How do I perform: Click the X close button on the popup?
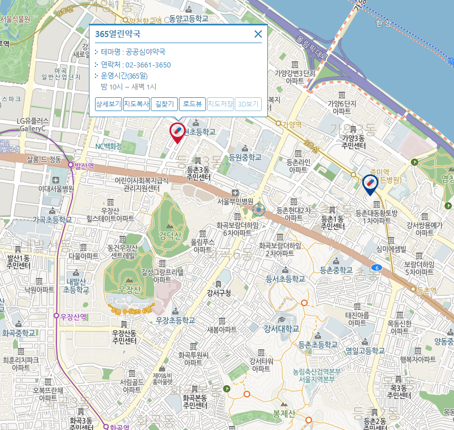[258, 34]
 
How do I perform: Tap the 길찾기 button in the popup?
[165, 104]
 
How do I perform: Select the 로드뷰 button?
[193, 104]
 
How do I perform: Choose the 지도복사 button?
[136, 104]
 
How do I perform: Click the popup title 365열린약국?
[118, 34]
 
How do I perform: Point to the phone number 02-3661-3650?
[148, 65]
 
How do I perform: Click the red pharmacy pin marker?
[177, 132]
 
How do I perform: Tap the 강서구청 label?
[219, 293]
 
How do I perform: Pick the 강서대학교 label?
[282, 329]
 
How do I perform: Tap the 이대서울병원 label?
[56, 188]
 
